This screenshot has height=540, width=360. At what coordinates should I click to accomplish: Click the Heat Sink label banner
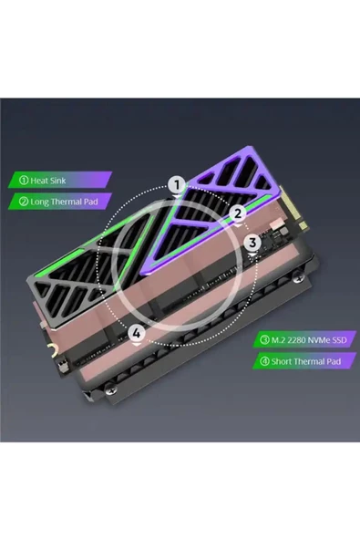pyautogui.click(x=60, y=180)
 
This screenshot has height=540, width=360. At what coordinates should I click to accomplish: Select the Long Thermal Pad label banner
pyautogui.click(x=60, y=202)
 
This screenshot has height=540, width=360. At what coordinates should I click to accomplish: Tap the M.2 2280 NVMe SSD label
pyautogui.click(x=304, y=340)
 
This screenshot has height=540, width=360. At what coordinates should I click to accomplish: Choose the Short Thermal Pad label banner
pyautogui.click(x=304, y=361)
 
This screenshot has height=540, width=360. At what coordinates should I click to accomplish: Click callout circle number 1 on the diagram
pyautogui.click(x=177, y=185)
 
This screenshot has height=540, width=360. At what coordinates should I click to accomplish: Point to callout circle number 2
pyautogui.click(x=238, y=213)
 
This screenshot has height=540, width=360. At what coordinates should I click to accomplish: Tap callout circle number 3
pyautogui.click(x=252, y=243)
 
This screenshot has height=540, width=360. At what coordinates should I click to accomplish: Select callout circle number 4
pyautogui.click(x=137, y=333)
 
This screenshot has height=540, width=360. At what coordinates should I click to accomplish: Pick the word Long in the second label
pyautogui.click(x=39, y=202)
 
